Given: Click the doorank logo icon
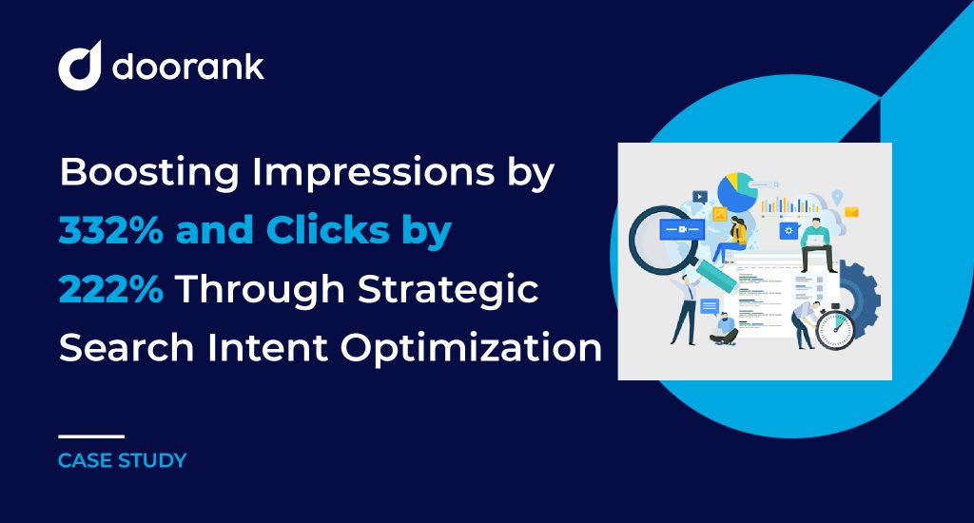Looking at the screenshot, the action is pyautogui.click(x=80, y=66).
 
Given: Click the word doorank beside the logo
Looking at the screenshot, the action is pyautogui.click(x=188, y=66).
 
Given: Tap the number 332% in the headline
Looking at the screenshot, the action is pyautogui.click(x=111, y=230).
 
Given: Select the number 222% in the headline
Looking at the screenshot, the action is pyautogui.click(x=111, y=289).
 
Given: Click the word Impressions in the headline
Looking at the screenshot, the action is pyautogui.click(x=373, y=173).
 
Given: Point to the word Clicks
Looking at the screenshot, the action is pyautogui.click(x=328, y=230).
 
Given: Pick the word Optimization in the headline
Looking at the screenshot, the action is pyautogui.click(x=471, y=348).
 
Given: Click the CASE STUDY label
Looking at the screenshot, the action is pyautogui.click(x=123, y=460).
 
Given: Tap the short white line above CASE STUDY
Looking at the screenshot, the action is pyautogui.click(x=91, y=436).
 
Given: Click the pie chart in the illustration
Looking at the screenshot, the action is pyautogui.click(x=737, y=191).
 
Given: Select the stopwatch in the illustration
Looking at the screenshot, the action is pyautogui.click(x=834, y=327).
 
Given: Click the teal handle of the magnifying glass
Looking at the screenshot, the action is pyautogui.click(x=715, y=274).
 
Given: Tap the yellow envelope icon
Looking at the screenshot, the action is pyautogui.click(x=851, y=212).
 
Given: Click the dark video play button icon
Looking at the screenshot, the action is pyautogui.click(x=700, y=197).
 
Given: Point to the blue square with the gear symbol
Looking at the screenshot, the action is pyautogui.click(x=789, y=230).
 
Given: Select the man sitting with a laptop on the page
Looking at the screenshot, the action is pyautogui.click(x=816, y=244).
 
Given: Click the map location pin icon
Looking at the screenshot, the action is pyautogui.click(x=837, y=198).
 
